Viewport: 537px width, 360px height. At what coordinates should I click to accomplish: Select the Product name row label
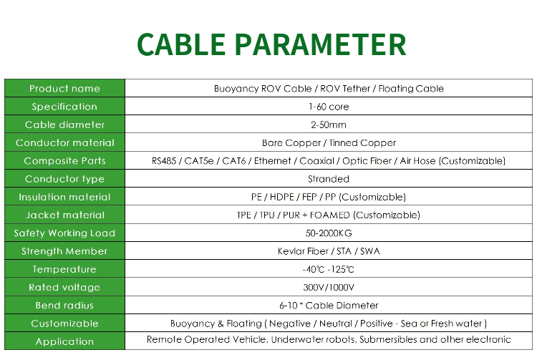point(64,89)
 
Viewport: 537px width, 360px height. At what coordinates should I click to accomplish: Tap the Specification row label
point(64,107)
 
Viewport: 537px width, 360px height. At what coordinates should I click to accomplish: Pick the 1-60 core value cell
point(329,107)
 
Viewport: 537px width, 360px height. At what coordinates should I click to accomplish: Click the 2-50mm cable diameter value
point(329,125)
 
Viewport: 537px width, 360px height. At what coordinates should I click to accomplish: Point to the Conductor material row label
point(64,142)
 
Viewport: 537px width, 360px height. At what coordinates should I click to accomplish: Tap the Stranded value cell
point(329,179)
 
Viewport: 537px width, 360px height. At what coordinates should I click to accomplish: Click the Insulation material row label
point(64,197)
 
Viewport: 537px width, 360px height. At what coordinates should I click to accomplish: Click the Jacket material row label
point(64,215)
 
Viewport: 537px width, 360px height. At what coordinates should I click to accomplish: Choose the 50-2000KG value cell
point(329,233)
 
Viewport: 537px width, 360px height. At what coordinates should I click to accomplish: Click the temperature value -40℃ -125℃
point(329,269)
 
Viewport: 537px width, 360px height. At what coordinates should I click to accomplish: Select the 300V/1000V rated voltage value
point(329,287)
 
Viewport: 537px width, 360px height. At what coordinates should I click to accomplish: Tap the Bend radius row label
point(64,306)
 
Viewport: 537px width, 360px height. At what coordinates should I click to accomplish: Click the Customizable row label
point(64,323)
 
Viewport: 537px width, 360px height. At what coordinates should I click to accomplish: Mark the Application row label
point(64,341)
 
